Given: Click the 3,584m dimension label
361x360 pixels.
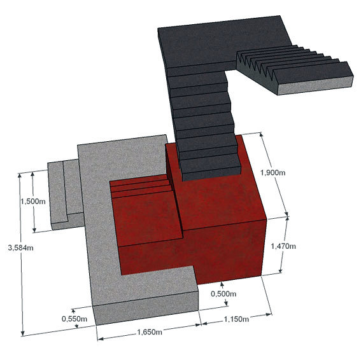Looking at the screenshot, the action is pyautogui.click(x=20, y=248).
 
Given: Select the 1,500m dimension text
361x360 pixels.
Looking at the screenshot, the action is pyautogui.click(x=33, y=202).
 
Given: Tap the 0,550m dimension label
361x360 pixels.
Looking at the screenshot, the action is pyautogui.click(x=74, y=319).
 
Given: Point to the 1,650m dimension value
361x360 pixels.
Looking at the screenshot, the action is pyautogui.click(x=150, y=332).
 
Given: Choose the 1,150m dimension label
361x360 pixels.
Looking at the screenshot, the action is pyautogui.click(x=236, y=319).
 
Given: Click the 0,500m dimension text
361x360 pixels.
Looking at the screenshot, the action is pyautogui.click(x=223, y=294).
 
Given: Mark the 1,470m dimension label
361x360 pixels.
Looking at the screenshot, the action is pyautogui.click(x=283, y=246).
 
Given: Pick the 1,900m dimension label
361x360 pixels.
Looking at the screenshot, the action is pyautogui.click(x=273, y=172).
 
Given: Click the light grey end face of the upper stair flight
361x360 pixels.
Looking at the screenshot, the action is pyautogui.click(x=315, y=86).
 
